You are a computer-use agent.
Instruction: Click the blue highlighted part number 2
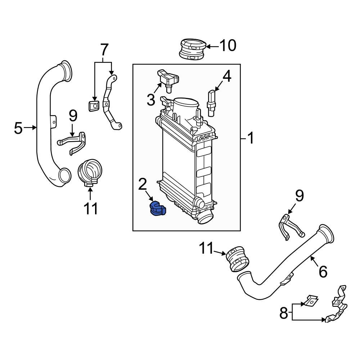(157, 210)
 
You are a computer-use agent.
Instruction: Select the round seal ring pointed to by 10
(192, 49)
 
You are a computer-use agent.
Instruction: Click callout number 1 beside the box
(250, 138)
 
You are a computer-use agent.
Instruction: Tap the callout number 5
(18, 128)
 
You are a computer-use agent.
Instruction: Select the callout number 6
(323, 271)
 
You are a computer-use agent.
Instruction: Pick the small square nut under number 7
(94, 106)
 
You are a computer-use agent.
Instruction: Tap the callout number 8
(284, 313)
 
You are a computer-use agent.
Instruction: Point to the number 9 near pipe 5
(73, 116)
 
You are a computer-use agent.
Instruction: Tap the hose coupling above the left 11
(90, 172)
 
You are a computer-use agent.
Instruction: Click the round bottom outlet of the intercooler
(204, 217)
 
